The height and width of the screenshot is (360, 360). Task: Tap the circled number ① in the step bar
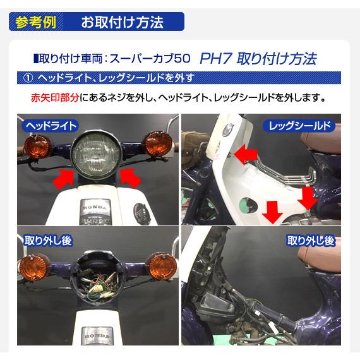click(27, 78)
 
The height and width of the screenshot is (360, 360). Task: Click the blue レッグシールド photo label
click(297, 126)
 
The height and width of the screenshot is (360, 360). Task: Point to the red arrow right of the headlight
click(129, 178)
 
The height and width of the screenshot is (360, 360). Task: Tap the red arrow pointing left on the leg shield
click(245, 153)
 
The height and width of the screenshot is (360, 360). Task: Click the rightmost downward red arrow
click(306, 198)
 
